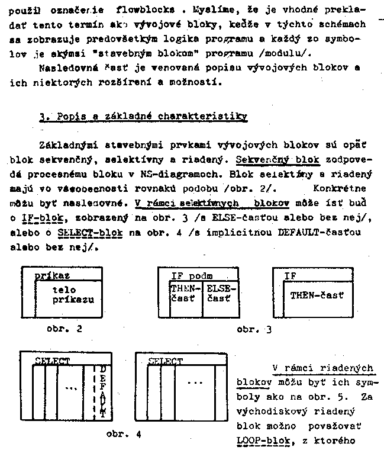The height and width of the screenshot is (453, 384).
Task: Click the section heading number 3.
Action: (43, 118)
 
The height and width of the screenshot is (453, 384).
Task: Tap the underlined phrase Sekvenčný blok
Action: (276, 160)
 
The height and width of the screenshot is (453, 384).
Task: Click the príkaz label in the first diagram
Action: (52, 275)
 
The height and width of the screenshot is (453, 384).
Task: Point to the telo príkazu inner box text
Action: (73, 294)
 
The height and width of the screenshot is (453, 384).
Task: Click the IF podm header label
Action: (191, 275)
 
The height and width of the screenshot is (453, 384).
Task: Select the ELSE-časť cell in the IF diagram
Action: (221, 294)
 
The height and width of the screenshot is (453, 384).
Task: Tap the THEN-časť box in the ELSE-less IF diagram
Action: (317, 295)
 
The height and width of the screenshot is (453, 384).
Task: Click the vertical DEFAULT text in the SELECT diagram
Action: (102, 391)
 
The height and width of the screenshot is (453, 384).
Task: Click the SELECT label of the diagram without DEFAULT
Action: (165, 361)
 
